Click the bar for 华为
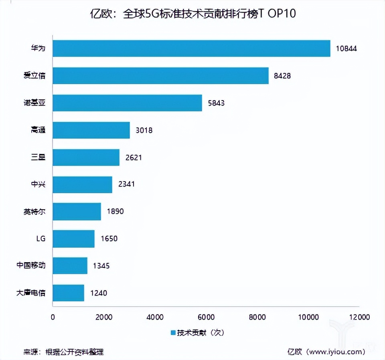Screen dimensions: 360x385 (x=191, y=49)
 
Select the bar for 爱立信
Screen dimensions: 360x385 (x=160, y=76)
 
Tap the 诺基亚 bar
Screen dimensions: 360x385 (x=127, y=103)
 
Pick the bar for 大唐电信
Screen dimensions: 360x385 (x=68, y=293)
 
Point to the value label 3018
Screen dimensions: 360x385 (x=144, y=130)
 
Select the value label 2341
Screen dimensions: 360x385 (x=126, y=184)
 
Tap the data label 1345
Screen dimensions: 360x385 (x=101, y=266)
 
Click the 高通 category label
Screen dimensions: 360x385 (x=38, y=130)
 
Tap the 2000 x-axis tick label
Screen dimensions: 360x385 (x=104, y=317)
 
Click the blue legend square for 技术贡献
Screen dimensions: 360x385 (x=173, y=333)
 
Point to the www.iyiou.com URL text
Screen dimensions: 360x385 (x=332, y=352)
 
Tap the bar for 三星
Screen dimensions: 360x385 (x=86, y=158)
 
